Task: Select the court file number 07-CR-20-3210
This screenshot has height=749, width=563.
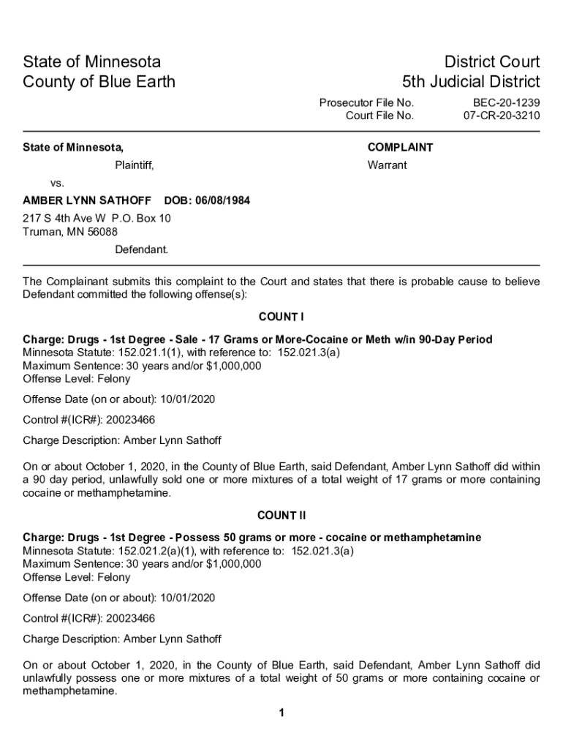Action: click(502, 116)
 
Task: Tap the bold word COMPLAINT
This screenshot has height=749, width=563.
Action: click(400, 148)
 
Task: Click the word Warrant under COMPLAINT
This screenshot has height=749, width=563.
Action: click(387, 165)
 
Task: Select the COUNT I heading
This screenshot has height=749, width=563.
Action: click(281, 317)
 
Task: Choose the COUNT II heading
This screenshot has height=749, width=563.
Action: click(281, 515)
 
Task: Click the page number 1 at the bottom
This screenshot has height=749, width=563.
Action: click(281, 713)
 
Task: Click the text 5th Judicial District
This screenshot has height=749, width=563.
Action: click(471, 81)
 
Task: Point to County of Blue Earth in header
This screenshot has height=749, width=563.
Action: click(99, 81)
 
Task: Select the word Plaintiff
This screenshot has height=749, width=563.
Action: click(135, 165)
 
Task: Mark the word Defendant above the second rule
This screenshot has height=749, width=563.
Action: click(141, 249)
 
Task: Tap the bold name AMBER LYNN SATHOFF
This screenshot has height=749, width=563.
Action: click(87, 200)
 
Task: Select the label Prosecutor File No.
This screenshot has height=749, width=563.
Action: click(366, 102)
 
